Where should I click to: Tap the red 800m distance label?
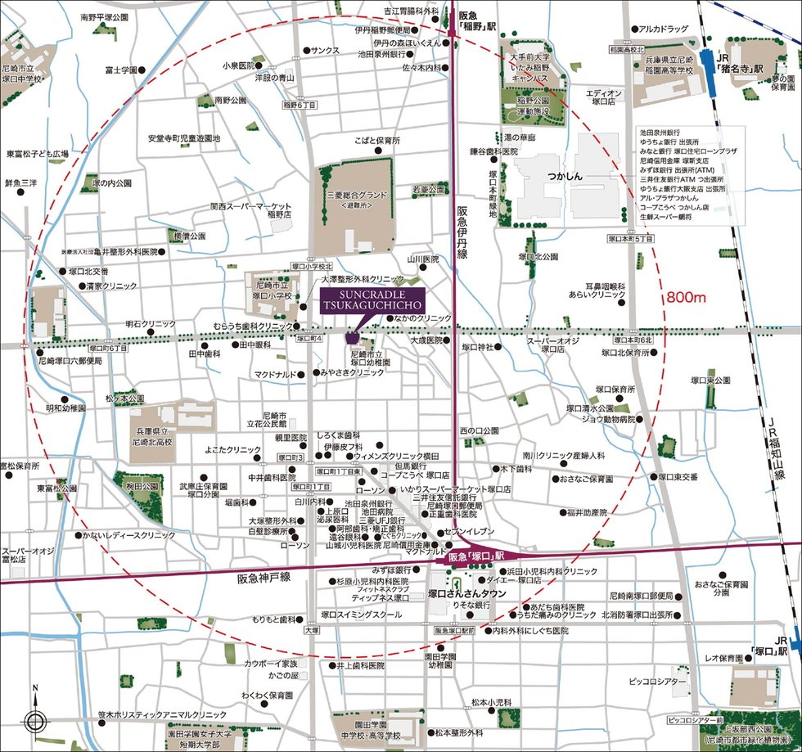point(687,296)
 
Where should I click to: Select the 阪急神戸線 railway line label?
point(264,577)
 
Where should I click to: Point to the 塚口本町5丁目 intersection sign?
point(630,238)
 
